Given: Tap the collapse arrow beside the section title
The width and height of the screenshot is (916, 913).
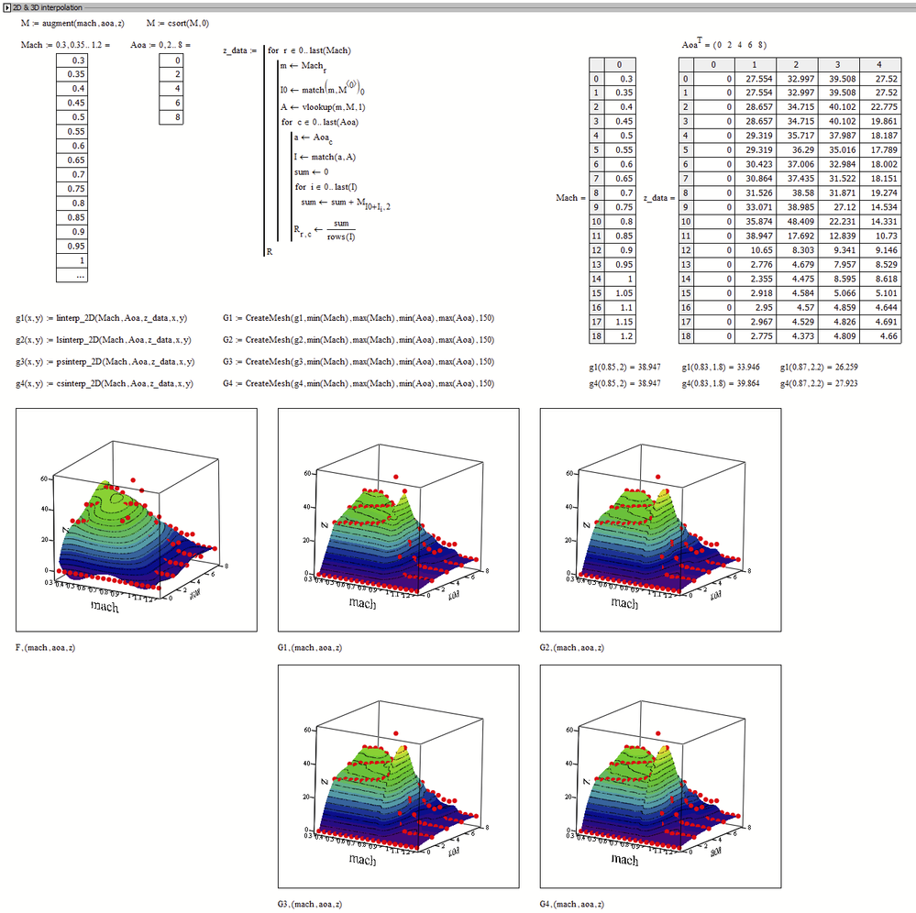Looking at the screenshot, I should tap(5, 7).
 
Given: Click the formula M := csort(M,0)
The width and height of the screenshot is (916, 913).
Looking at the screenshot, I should tap(183, 22).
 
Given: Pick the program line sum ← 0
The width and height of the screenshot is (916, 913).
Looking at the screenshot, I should tap(313, 170).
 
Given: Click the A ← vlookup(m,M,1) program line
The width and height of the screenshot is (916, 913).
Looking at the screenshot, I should tap(324, 106).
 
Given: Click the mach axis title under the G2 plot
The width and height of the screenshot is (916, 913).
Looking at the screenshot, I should tap(624, 603).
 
